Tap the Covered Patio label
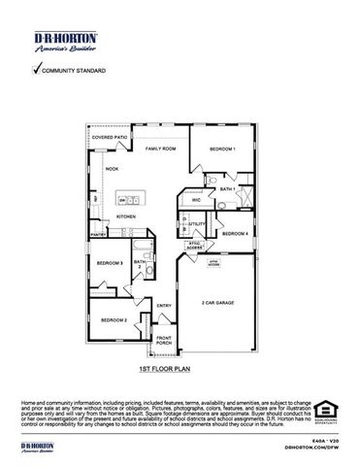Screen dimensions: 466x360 coord(111,139)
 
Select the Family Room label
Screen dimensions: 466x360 coord(161,149)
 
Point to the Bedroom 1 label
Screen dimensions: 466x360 coord(222,149)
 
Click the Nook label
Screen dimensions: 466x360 coord(112,169)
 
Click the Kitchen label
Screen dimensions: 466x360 coord(126,216)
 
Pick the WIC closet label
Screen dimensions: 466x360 coord(195,200)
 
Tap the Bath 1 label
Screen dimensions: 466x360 coord(228,188)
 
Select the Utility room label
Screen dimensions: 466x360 coord(196,224)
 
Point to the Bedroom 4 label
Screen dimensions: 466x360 coord(235,234)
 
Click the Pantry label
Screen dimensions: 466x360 coord(97,234)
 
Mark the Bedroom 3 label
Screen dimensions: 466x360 coord(109,263)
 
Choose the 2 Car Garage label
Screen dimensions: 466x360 coord(219,303)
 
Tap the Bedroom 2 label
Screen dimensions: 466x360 coord(115,319)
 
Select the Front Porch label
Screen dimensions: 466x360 coord(163,341)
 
